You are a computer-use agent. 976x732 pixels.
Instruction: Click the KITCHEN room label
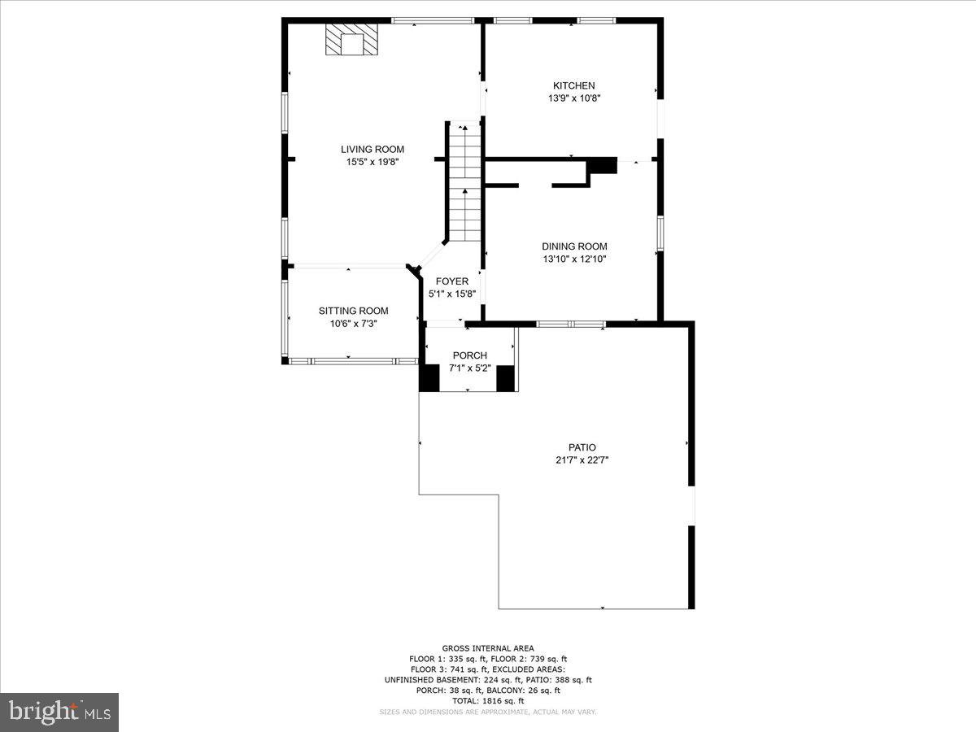click(x=573, y=85)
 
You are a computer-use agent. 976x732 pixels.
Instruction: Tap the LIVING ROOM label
click(x=373, y=150)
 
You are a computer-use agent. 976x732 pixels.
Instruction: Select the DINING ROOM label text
click(x=574, y=246)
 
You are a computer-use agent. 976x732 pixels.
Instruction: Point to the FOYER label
click(x=452, y=281)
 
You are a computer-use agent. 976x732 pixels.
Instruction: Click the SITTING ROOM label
click(x=354, y=312)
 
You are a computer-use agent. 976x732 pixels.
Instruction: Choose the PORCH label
click(x=470, y=355)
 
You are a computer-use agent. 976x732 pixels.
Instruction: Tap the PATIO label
click(x=582, y=447)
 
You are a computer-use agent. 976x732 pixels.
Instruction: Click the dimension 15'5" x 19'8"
click(x=373, y=162)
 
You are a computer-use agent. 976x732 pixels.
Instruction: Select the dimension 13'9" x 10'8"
click(x=574, y=98)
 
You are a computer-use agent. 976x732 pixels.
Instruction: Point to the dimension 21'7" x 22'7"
click(x=582, y=460)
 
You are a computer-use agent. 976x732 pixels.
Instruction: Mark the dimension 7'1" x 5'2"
click(x=470, y=368)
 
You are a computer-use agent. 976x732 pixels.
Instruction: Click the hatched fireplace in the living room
click(x=351, y=40)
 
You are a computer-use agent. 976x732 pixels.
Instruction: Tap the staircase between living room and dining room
click(x=465, y=181)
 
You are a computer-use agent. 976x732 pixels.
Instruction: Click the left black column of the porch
click(x=429, y=378)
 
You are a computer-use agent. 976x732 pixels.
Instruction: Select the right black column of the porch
click(x=505, y=378)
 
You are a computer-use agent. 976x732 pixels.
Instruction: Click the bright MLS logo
click(x=59, y=712)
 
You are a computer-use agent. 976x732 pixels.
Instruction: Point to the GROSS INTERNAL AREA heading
click(x=488, y=648)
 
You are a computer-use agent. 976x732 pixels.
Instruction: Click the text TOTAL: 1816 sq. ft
click(x=488, y=701)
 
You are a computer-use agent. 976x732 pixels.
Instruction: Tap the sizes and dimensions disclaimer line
click(x=488, y=712)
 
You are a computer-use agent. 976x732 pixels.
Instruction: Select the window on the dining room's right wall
click(x=660, y=233)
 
